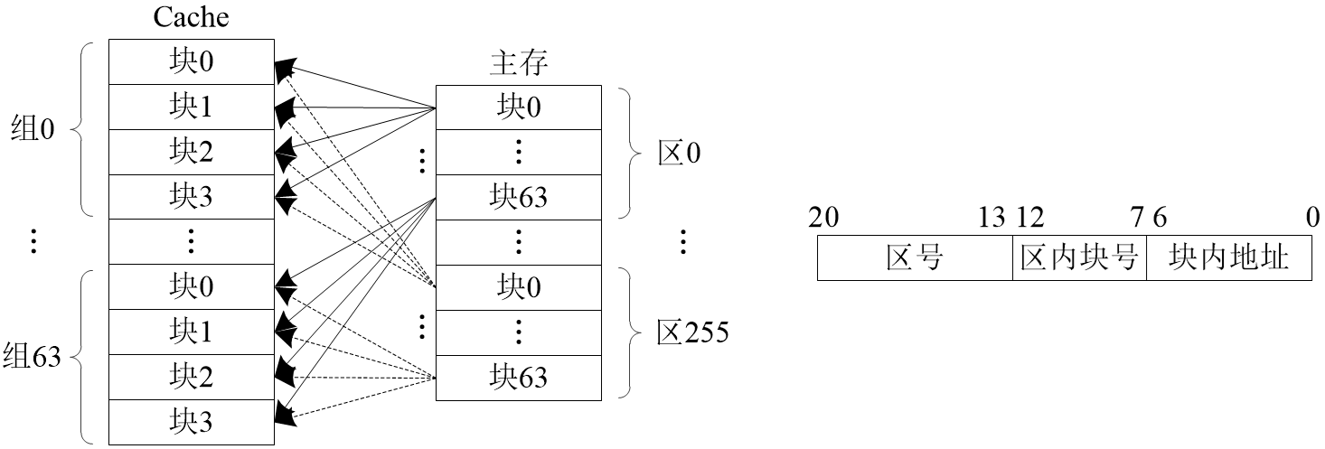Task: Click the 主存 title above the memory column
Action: pyautogui.click(x=519, y=64)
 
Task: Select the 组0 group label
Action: pyautogui.click(x=33, y=130)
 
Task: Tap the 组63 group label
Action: pyautogui.click(x=32, y=356)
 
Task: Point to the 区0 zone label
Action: pyautogui.click(x=679, y=153)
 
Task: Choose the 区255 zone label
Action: pyautogui.click(x=692, y=333)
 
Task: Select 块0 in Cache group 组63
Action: pyautogui.click(x=191, y=287)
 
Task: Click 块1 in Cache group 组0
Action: pyautogui.click(x=191, y=108)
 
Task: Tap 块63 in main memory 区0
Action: pyautogui.click(x=519, y=197)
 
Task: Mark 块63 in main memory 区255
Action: pyautogui.click(x=519, y=377)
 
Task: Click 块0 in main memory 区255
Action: pyautogui.click(x=519, y=287)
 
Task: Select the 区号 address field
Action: pyautogui.click(x=915, y=259)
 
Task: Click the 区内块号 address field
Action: pyautogui.click(x=1078, y=259)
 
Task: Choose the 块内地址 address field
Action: pyautogui.click(x=1227, y=259)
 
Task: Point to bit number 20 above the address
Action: pyautogui.click(x=822, y=218)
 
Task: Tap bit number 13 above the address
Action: pyautogui.click(x=991, y=218)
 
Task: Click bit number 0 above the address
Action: pyautogui.click(x=1312, y=218)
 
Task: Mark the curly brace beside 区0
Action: pyautogui.click(x=629, y=153)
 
